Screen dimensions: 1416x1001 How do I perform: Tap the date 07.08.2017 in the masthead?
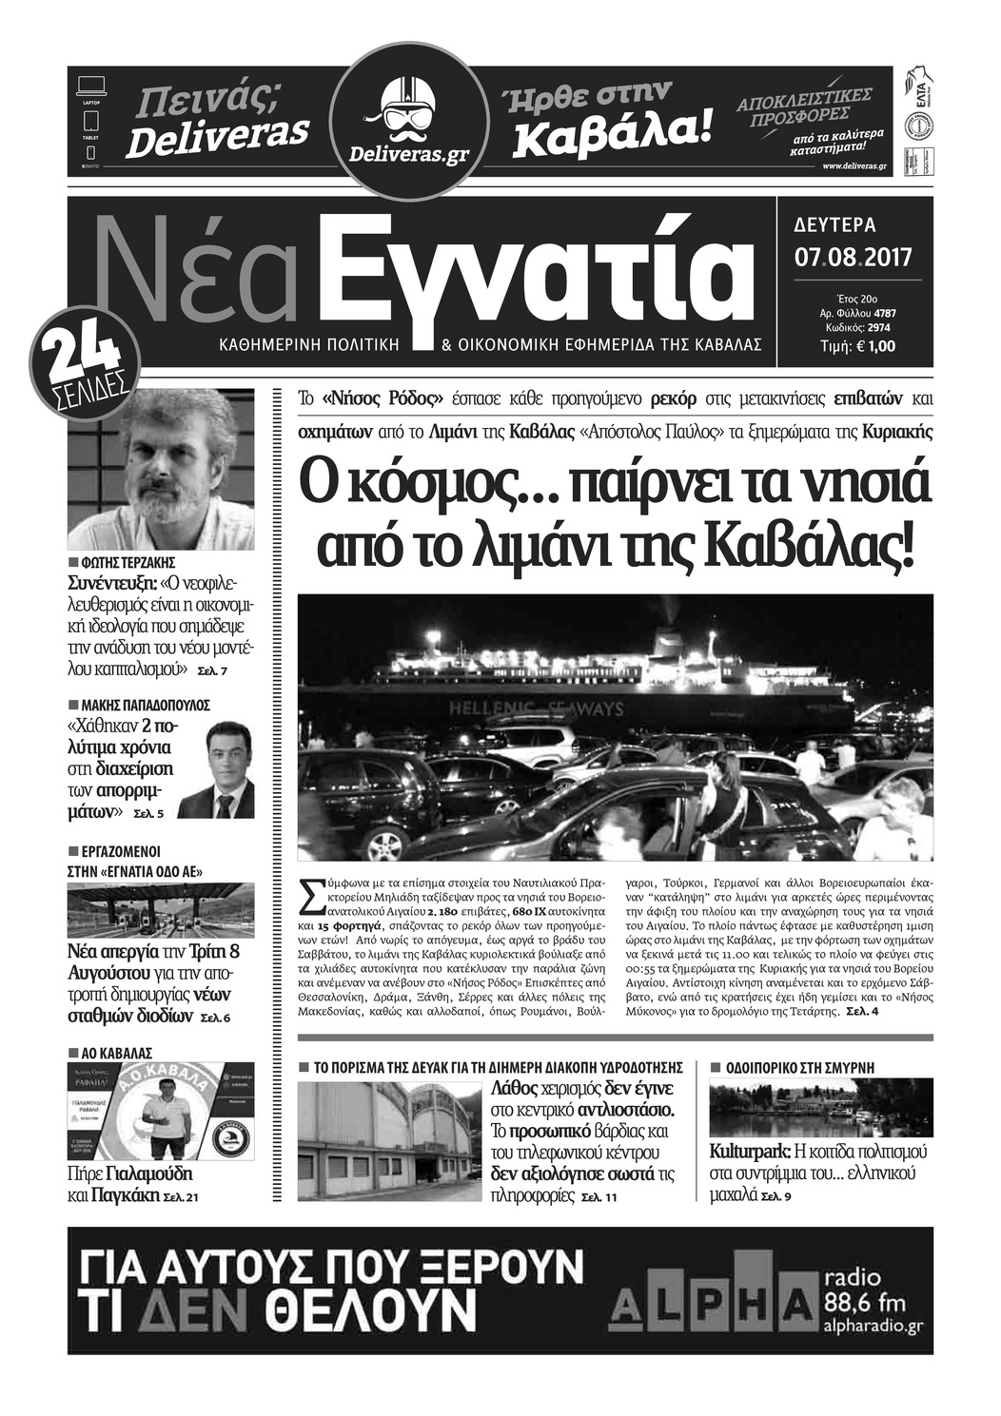click(853, 257)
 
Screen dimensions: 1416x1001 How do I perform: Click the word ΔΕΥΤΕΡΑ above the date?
click(834, 226)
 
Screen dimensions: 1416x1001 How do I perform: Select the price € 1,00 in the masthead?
click(874, 347)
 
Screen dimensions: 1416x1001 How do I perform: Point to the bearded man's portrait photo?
click(161, 468)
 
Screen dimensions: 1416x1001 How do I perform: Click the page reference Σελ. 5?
click(148, 814)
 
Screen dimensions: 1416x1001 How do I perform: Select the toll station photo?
click(161, 909)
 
